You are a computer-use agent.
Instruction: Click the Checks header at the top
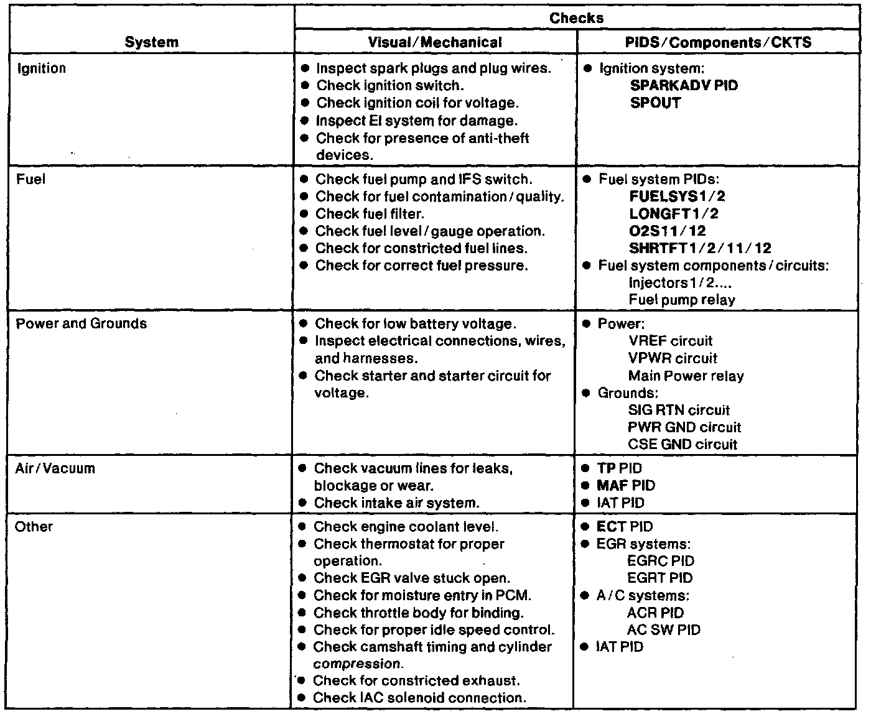(x=576, y=18)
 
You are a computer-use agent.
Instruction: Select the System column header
(x=151, y=42)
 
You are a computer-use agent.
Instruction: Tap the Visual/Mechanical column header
(x=435, y=42)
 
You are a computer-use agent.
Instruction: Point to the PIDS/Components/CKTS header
(x=718, y=42)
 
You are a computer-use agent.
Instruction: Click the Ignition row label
(x=41, y=68)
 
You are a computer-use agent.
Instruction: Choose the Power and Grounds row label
(x=82, y=323)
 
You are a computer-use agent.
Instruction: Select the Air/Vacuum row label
(x=55, y=468)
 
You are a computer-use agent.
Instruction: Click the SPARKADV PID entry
(x=684, y=85)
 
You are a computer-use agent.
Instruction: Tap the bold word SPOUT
(x=655, y=103)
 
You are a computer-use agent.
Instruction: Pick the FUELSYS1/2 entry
(x=677, y=197)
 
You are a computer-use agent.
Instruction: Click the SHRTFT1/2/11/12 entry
(x=700, y=248)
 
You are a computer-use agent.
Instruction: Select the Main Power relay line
(x=686, y=376)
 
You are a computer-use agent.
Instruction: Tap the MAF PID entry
(x=625, y=485)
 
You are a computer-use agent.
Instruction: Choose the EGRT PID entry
(x=659, y=578)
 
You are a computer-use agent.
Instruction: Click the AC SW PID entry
(x=663, y=629)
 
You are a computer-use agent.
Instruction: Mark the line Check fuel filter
(x=370, y=214)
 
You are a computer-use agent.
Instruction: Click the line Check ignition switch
(x=389, y=85)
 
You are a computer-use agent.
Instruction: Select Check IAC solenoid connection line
(x=419, y=698)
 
